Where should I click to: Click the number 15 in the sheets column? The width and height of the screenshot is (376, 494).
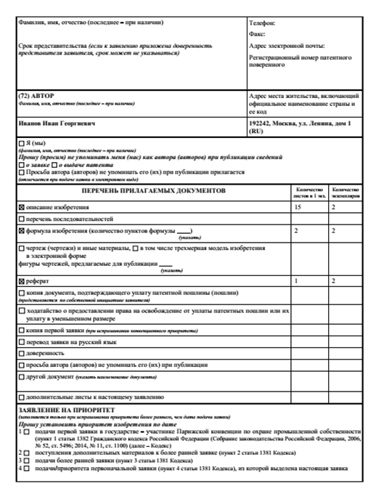[x=297, y=207]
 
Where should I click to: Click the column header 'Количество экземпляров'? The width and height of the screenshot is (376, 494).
[x=346, y=190]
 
